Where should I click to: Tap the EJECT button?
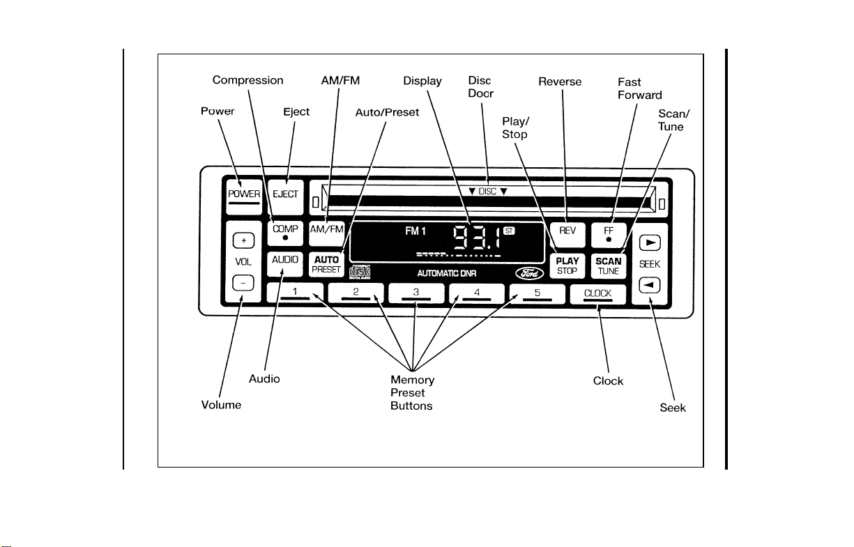pyautogui.click(x=285, y=197)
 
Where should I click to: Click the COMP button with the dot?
pyautogui.click(x=285, y=233)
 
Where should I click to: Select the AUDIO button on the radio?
pyautogui.click(x=285, y=264)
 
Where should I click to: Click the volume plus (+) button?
pyautogui.click(x=243, y=240)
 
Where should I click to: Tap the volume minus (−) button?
pyautogui.click(x=243, y=283)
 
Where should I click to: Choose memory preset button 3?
pyautogui.click(x=416, y=293)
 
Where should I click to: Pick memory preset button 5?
pyautogui.click(x=537, y=294)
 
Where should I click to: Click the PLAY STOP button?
pyautogui.click(x=567, y=265)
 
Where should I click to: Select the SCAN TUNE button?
pyautogui.click(x=609, y=265)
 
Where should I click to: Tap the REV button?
pyautogui.click(x=567, y=235)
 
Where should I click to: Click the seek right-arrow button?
pyautogui.click(x=650, y=242)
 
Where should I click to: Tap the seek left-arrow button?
pyautogui.click(x=649, y=285)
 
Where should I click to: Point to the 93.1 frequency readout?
pyautogui.click(x=477, y=238)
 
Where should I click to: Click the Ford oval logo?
pyautogui.click(x=530, y=273)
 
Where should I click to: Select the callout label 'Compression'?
pyautogui.click(x=247, y=80)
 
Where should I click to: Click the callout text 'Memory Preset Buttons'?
pyautogui.click(x=412, y=392)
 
